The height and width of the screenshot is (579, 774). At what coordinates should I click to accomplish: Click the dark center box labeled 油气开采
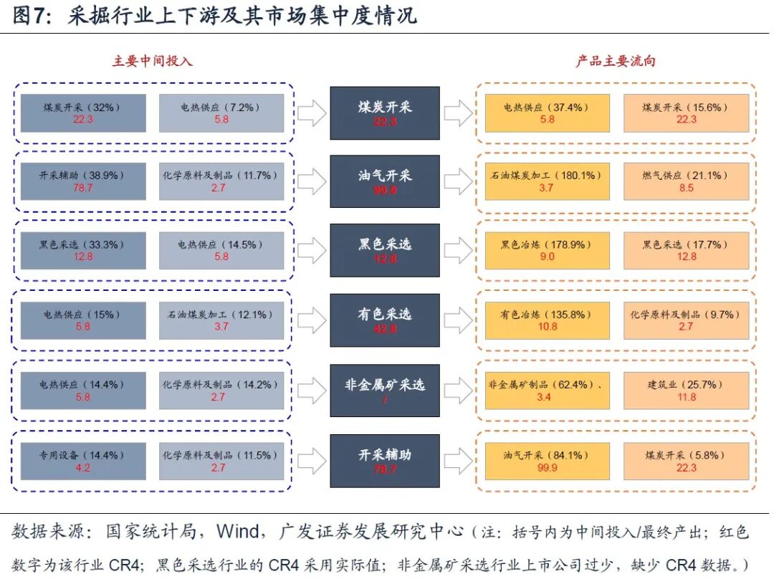pyautogui.click(x=384, y=181)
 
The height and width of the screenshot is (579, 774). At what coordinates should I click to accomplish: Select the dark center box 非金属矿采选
pyautogui.click(x=384, y=391)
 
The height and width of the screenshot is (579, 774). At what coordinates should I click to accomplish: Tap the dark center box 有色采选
pyautogui.click(x=384, y=320)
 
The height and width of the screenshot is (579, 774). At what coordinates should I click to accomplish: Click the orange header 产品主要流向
pyautogui.click(x=616, y=61)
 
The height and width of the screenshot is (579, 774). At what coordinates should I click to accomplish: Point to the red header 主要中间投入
pyautogui.click(x=153, y=61)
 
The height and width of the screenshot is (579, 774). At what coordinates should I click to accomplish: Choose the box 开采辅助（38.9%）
pyautogui.click(x=83, y=181)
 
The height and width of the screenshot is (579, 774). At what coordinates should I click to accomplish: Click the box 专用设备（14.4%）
pyautogui.click(x=83, y=461)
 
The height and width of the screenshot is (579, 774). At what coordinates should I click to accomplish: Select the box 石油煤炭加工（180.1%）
pyautogui.click(x=547, y=181)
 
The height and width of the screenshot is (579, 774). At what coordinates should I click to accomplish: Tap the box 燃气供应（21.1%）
pyautogui.click(x=686, y=181)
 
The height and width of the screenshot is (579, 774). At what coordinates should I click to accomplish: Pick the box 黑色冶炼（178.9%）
pyautogui.click(x=547, y=250)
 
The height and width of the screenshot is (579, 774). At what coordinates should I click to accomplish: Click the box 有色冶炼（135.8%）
pyautogui.click(x=547, y=320)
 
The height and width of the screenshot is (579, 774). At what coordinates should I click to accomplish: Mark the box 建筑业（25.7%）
pyautogui.click(x=686, y=391)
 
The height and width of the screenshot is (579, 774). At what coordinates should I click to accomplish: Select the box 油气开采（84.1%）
pyautogui.click(x=547, y=461)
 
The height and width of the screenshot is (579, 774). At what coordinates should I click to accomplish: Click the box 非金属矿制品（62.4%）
pyautogui.click(x=547, y=391)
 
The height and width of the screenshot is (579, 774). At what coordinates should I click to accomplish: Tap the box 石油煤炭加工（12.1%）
pyautogui.click(x=221, y=320)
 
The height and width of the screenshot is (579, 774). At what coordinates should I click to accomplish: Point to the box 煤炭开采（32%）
pyautogui.click(x=83, y=113)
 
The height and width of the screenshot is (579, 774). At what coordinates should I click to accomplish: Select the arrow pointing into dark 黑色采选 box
pyautogui.click(x=312, y=250)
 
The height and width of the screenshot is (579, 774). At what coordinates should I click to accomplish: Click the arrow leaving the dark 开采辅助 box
pyautogui.click(x=458, y=461)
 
